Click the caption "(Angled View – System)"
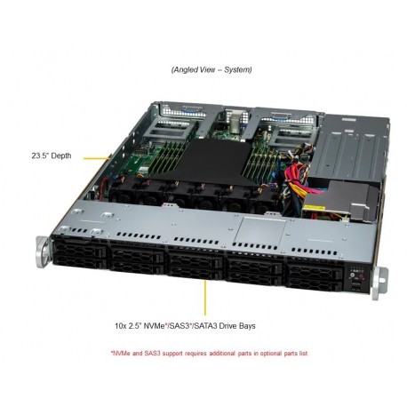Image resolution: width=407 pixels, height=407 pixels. [x=210, y=69]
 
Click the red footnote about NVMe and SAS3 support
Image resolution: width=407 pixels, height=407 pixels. [x=210, y=353]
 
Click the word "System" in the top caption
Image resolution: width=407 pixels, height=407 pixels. [x=235, y=69]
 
